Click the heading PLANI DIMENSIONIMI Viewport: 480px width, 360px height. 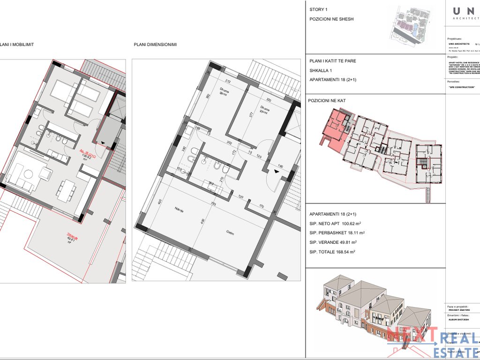pos(155,45)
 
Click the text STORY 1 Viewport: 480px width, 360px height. pos(319,10)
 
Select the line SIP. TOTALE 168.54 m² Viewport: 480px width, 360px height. pos(332,252)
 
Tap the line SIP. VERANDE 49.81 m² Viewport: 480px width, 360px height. pos(333,242)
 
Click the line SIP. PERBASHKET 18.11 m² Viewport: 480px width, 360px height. pos(337,233)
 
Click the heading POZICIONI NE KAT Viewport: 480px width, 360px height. pos(327,101)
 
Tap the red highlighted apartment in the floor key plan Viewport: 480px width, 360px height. pos(334,129)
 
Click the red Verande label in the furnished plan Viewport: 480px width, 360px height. pos(71,238)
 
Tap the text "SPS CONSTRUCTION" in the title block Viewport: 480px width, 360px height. pos(462,87)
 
